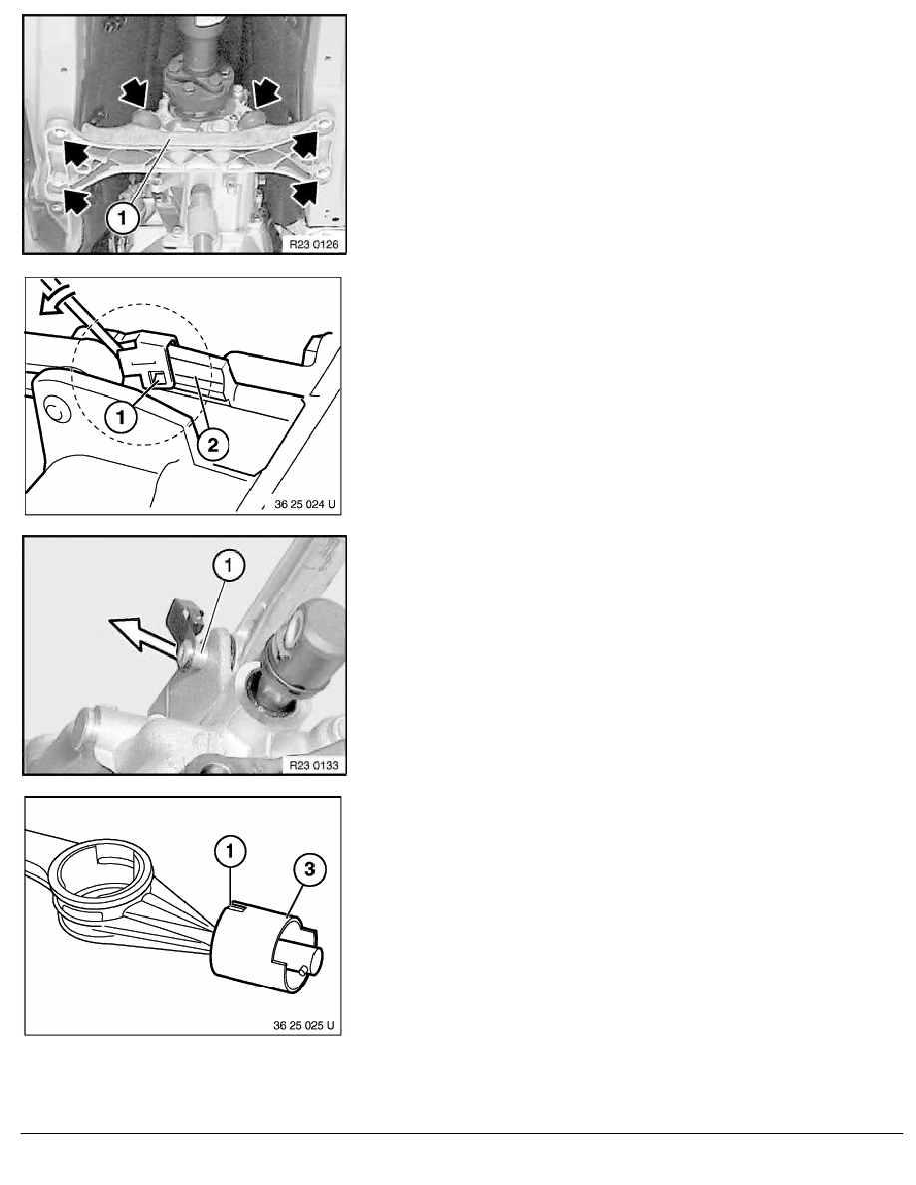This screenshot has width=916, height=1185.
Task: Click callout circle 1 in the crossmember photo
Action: (122, 219)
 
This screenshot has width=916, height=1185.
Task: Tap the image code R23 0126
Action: (314, 244)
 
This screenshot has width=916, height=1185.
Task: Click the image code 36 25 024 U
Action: (305, 504)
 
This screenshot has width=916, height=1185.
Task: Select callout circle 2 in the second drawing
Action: (212, 445)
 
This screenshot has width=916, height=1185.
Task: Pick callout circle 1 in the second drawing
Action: (120, 416)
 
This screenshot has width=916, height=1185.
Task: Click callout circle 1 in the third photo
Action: (229, 565)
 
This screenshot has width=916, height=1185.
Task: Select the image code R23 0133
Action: (314, 766)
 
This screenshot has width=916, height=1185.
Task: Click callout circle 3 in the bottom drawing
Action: (309, 869)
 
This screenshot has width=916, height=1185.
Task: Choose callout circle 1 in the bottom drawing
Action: (229, 852)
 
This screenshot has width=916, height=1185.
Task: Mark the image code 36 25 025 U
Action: (304, 1026)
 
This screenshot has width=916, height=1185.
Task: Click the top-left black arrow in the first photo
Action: (134, 95)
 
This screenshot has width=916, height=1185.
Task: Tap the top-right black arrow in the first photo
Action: (266, 92)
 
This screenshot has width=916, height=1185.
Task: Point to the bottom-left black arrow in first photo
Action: (76, 200)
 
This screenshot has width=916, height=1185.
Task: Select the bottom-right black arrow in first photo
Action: (303, 192)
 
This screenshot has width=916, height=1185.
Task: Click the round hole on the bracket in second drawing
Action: (54, 410)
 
